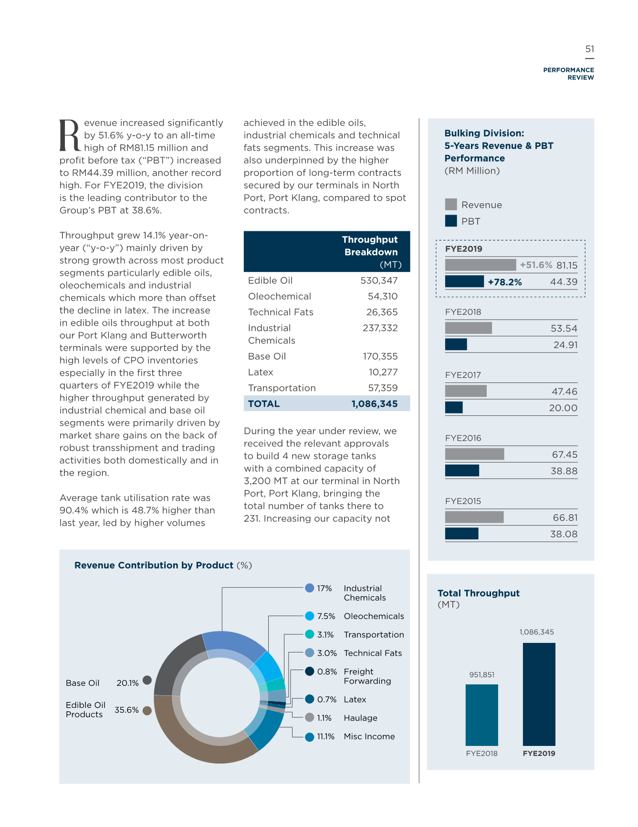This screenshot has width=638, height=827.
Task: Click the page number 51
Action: (x=590, y=49)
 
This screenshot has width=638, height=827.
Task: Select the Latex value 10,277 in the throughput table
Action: (x=383, y=372)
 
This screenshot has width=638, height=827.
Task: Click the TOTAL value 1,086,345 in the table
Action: (x=375, y=404)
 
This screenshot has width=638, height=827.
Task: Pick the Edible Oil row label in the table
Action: (x=270, y=280)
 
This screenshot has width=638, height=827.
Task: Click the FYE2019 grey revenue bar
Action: (x=481, y=265)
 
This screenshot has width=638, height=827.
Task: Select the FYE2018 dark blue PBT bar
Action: (x=456, y=344)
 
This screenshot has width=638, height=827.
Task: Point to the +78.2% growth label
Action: (x=505, y=282)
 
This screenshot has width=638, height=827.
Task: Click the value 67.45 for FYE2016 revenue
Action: (x=565, y=455)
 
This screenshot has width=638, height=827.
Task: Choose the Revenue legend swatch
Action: (x=451, y=205)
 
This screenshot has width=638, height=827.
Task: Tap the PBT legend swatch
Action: (x=451, y=221)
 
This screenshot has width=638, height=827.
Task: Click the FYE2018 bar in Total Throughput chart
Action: (x=482, y=715)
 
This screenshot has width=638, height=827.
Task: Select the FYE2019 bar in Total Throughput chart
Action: (x=539, y=694)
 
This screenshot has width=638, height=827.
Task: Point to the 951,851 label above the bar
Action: (x=482, y=675)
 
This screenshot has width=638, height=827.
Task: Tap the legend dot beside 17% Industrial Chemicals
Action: (x=310, y=588)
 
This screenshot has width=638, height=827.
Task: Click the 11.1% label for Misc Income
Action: (x=326, y=736)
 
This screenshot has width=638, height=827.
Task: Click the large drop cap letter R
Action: (x=70, y=135)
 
